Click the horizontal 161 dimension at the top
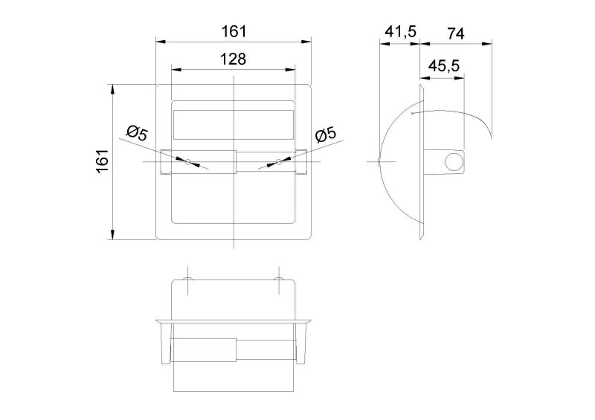point(234,31)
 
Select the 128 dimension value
point(234,59)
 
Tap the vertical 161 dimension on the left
point(103,161)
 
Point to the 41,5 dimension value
point(401,31)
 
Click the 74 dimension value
point(455,33)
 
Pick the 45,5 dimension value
point(444,66)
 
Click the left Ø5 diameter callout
point(138,133)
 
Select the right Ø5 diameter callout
point(325,135)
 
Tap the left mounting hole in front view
point(188,162)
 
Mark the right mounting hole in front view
point(279,162)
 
